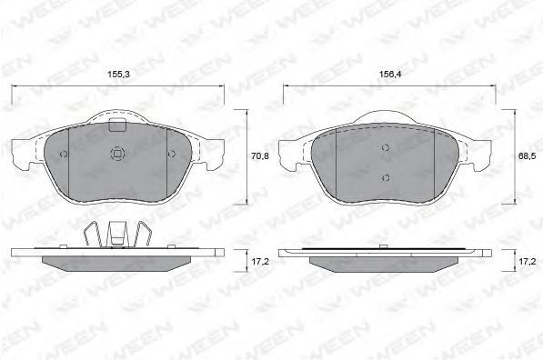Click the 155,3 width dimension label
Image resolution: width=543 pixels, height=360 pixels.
coord(118,74)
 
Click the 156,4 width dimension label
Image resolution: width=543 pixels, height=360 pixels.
coord(390,74)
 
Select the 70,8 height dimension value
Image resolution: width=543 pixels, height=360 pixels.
coord(260,156)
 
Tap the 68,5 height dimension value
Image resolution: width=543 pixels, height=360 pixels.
coord(527,156)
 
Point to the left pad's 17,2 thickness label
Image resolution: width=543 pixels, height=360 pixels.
coord(260,262)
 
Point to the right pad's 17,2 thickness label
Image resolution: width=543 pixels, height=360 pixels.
coord(527,262)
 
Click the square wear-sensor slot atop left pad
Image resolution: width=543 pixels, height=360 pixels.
coord(116,125)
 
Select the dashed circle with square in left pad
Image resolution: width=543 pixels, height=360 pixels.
coord(117,154)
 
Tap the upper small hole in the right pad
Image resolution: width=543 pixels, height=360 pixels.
coord(386,148)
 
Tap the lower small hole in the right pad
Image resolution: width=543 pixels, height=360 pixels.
coord(386,178)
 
